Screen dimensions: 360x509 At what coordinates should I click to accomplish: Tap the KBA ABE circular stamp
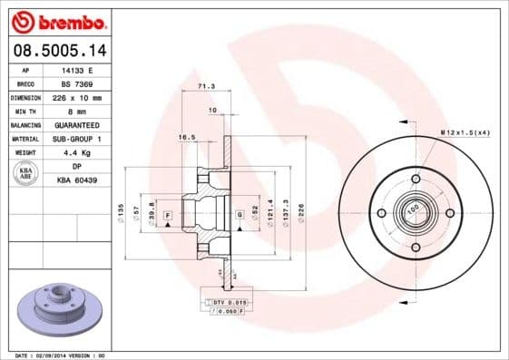point(24,173)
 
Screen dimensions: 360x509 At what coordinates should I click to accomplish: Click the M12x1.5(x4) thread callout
point(465,133)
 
